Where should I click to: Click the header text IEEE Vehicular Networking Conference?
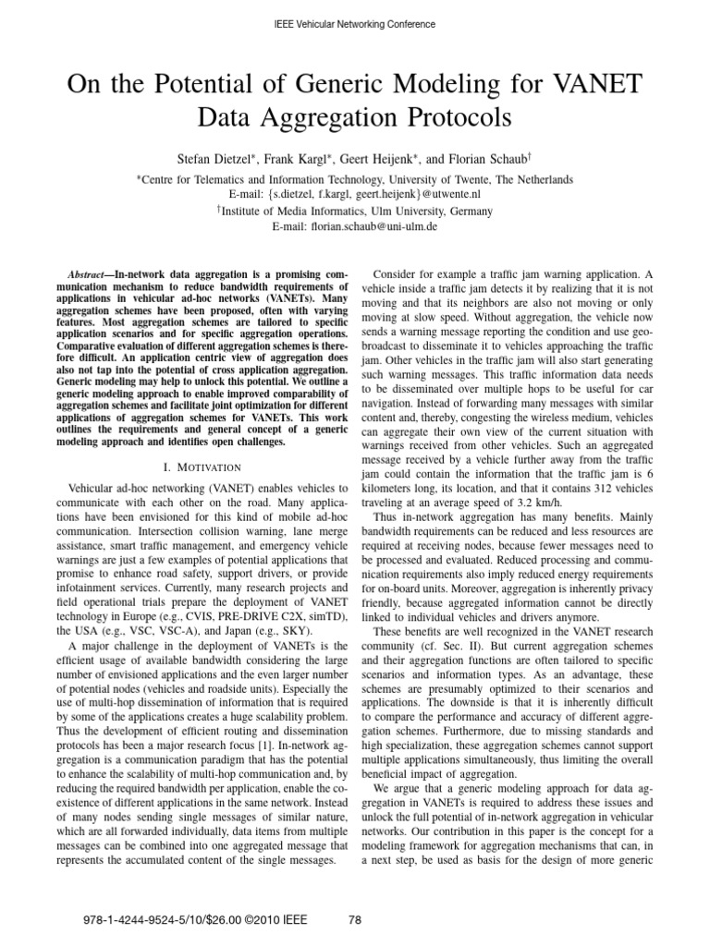[355, 23]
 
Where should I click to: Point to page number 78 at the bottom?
[355, 919]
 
